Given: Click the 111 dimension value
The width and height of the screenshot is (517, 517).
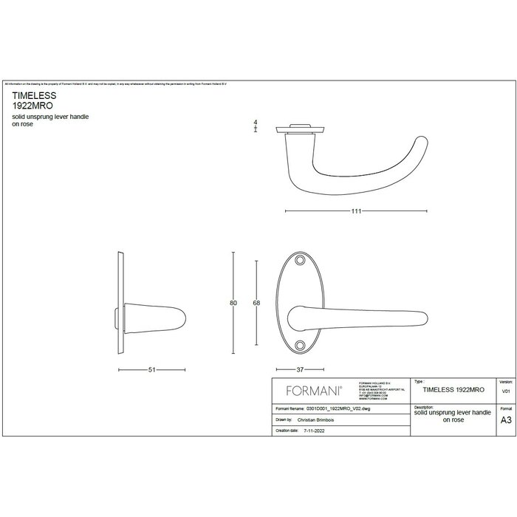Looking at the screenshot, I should click(x=356, y=211).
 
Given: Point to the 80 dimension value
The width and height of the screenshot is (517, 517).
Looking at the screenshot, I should click(x=234, y=303).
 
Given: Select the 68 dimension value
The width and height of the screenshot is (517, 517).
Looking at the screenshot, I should click(x=256, y=303).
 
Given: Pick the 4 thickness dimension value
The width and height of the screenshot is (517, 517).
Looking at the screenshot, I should click(x=255, y=122).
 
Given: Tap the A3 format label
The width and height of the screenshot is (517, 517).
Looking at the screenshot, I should click(x=505, y=420).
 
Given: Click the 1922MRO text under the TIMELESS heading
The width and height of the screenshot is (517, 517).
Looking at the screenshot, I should click(x=30, y=106).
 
